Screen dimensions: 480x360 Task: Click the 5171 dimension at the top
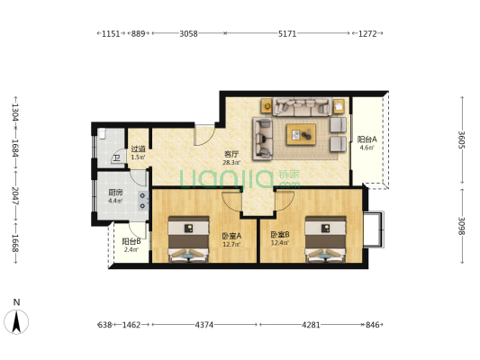287,33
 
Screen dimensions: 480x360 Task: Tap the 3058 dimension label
188,33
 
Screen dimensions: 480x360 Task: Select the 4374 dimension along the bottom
204,325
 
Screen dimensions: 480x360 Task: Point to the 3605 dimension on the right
462,140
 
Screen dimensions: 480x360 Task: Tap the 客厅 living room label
231,155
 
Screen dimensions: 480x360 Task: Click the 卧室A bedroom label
231,236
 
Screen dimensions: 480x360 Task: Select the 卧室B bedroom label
280,235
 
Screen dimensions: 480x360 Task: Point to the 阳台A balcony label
367,139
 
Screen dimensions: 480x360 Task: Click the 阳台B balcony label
131,241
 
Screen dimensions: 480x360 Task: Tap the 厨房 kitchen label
115,193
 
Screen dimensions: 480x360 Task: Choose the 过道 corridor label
138,149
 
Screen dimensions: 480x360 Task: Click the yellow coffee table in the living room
301,135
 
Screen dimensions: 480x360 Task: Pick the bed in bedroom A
188,239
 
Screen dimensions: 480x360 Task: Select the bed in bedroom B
326,239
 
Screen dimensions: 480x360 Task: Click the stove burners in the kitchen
142,201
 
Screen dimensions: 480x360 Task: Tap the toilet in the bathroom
102,133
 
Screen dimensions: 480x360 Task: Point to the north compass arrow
16,321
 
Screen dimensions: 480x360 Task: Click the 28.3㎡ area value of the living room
231,163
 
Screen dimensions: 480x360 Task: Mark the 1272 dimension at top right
367,33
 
